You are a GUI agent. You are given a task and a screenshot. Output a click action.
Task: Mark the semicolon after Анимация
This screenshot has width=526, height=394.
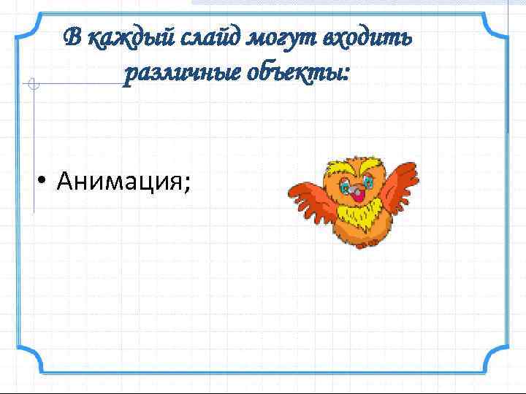(188, 182)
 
